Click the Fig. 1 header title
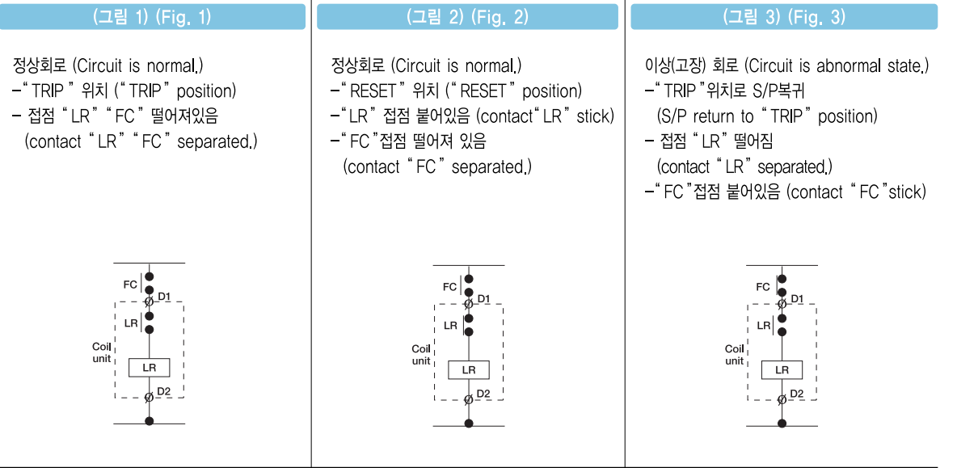[153, 17]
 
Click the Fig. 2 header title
[468, 17]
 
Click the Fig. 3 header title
[783, 17]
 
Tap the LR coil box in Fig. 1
[150, 367]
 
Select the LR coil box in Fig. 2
[469, 369]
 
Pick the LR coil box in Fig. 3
[782, 369]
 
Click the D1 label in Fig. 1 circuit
[164, 297]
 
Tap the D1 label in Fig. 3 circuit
[797, 298]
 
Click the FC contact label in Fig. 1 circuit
[130, 285]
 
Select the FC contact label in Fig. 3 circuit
[763, 287]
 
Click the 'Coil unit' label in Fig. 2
[421, 355]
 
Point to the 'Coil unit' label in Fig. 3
[734, 355]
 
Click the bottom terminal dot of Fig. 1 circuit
[149, 421]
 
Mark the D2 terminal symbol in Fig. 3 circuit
[782, 399]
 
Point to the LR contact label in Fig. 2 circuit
[450, 325]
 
